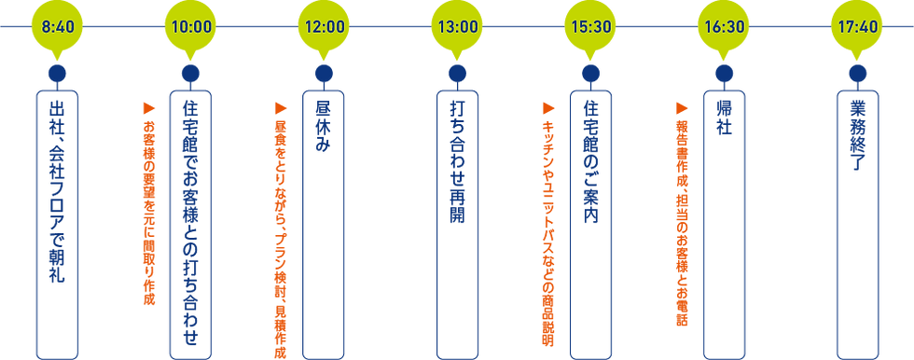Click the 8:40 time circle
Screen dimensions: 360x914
click(x=58, y=26)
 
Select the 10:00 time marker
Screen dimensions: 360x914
click(x=191, y=26)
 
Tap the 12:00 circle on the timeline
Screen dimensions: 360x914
click(x=325, y=26)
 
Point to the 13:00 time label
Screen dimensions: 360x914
click(x=458, y=26)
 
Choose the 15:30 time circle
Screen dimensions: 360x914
click(x=590, y=26)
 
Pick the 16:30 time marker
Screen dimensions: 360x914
click(x=724, y=26)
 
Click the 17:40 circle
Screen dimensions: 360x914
click(x=857, y=26)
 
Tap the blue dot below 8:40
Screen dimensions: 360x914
click(x=58, y=73)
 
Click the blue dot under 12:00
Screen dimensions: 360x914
click(x=325, y=73)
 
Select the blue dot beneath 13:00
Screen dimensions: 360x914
click(x=458, y=73)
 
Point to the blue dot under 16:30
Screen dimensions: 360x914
click(x=724, y=73)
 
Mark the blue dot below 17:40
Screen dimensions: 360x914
click(x=857, y=73)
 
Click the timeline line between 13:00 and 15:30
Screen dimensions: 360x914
click(x=524, y=26)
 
